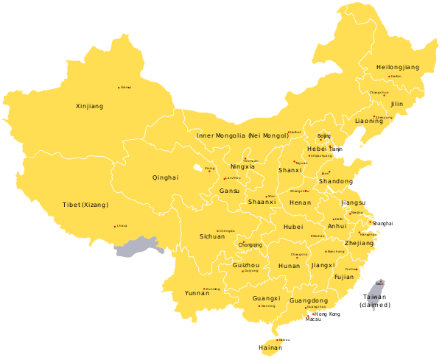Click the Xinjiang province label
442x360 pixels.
90,107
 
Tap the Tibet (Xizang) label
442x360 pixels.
85,204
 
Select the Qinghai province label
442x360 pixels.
165,177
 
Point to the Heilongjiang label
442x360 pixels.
398,67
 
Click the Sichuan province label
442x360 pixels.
212,236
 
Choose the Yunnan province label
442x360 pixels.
197,292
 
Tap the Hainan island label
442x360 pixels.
270,347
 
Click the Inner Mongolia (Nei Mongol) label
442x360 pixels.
243,135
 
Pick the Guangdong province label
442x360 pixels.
309,301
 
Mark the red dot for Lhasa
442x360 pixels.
115,227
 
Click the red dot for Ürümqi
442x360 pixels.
119,88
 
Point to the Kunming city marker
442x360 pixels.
204,289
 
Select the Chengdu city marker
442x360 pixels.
217,231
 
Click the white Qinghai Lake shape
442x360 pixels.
197,169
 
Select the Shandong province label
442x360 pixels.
336,181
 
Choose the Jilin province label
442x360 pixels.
397,105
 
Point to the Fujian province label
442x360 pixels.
344,278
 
